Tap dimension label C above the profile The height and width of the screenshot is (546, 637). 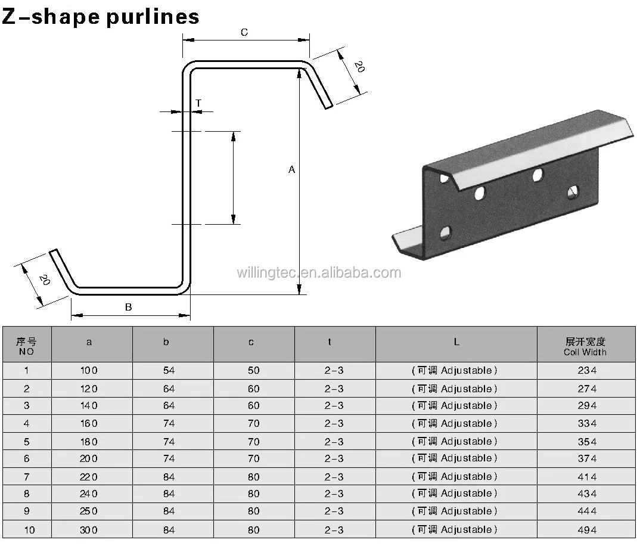[x=244, y=33]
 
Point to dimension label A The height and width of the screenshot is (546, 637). [x=291, y=170]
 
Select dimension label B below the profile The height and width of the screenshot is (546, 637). [x=128, y=307]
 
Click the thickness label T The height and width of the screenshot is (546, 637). [x=198, y=103]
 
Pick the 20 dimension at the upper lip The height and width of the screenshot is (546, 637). [x=359, y=67]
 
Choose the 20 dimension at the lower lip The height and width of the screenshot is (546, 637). [x=43, y=279]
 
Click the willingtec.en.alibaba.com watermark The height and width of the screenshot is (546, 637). [x=319, y=273]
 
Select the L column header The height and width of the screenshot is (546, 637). [x=456, y=342]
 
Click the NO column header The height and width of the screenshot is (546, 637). [x=26, y=346]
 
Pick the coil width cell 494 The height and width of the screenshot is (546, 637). [x=587, y=530]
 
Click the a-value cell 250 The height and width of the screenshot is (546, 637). [x=89, y=511]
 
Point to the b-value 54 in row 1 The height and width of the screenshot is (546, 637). [x=169, y=370]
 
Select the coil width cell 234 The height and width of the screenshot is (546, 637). [x=587, y=370]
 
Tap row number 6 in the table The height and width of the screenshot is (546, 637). [x=26, y=458]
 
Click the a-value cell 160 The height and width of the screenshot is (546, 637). [x=89, y=424]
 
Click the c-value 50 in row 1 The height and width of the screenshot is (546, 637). [x=254, y=370]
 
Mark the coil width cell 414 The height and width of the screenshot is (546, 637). [x=587, y=477]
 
